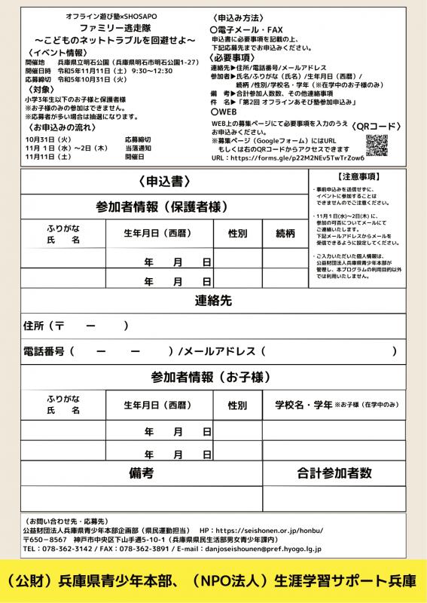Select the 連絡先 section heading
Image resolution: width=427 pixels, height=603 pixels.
(213, 300)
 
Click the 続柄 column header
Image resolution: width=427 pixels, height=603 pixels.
(285, 234)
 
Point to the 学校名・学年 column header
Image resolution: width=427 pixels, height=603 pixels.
(303, 405)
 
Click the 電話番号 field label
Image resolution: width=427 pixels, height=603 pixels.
(44, 350)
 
